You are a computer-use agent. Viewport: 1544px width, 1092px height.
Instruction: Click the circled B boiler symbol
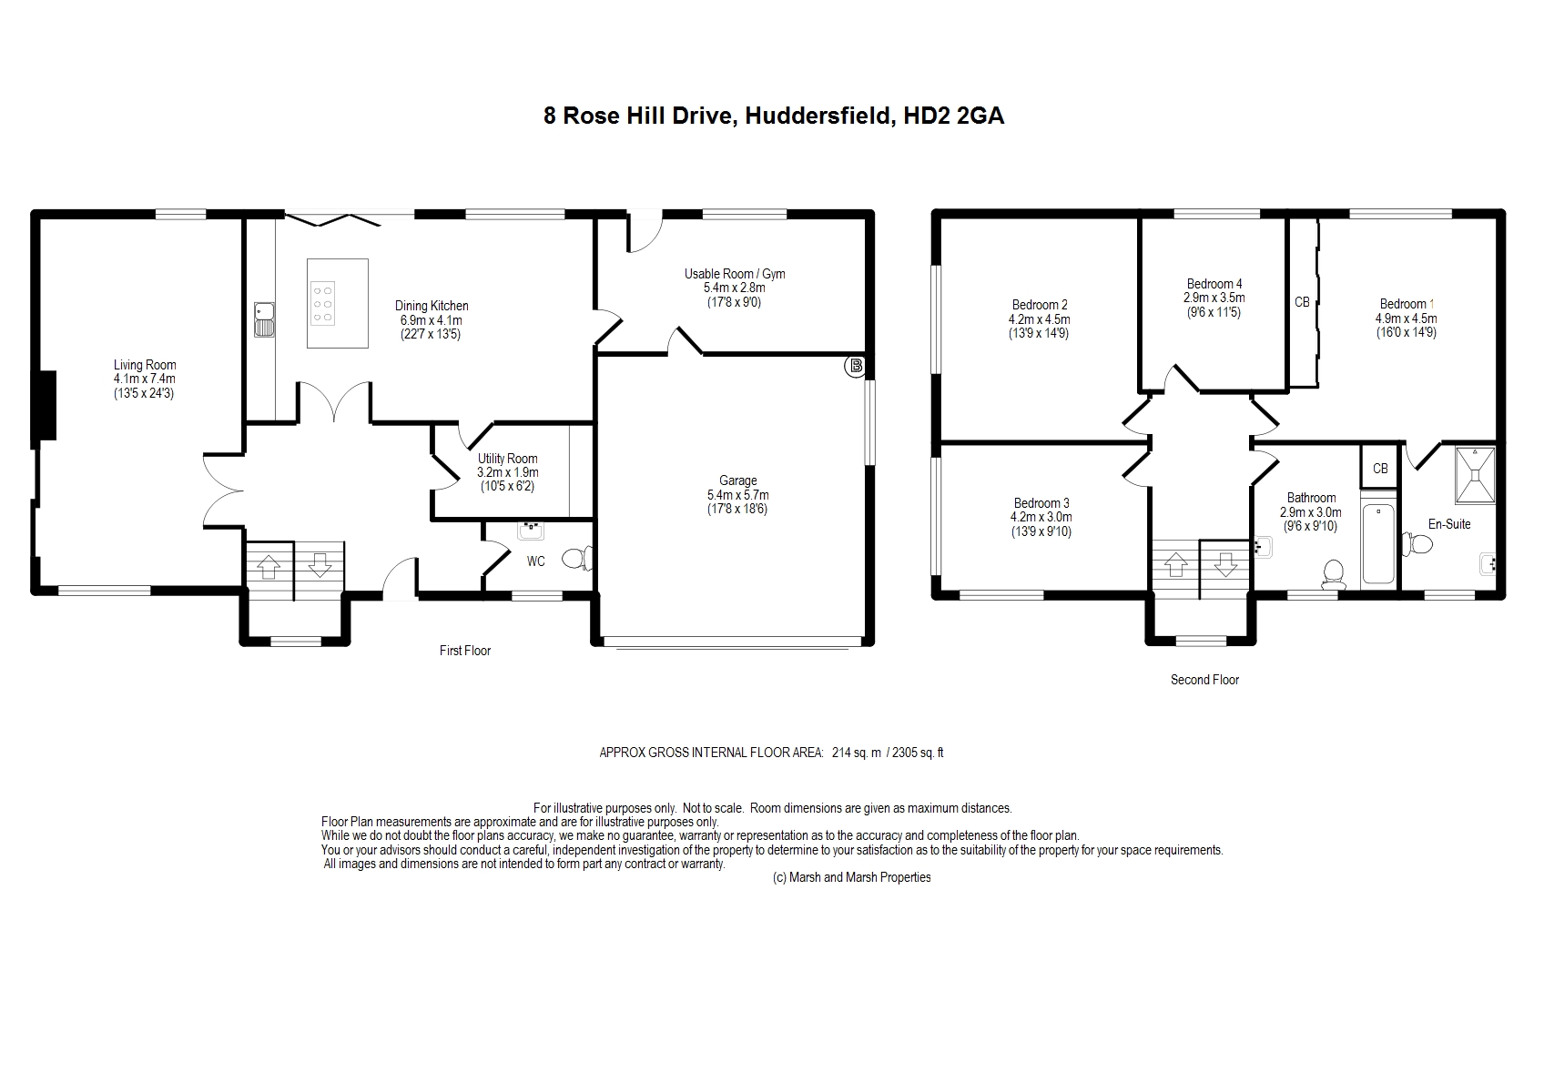pyautogui.click(x=856, y=365)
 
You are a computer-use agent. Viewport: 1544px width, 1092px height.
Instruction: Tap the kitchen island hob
pyautogui.click(x=322, y=302)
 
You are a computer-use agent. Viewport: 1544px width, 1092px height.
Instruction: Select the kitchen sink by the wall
pyautogui.click(x=264, y=319)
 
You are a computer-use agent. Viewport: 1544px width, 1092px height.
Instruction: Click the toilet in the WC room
pyautogui.click(x=577, y=558)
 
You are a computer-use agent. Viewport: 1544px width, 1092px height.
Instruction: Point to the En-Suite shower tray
pyautogui.click(x=1475, y=475)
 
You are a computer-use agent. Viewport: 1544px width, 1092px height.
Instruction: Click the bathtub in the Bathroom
pyautogui.click(x=1378, y=544)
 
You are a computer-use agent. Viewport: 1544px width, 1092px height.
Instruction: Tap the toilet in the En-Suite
pyautogui.click(x=1417, y=543)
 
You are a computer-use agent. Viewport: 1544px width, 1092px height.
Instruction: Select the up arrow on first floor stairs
pyautogui.click(x=269, y=566)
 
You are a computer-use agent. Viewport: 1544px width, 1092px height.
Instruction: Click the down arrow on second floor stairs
pyautogui.click(x=1224, y=565)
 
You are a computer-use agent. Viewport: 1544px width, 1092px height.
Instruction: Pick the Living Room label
pyautogui.click(x=145, y=365)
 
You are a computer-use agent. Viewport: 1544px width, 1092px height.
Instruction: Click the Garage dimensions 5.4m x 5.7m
pyautogui.click(x=737, y=495)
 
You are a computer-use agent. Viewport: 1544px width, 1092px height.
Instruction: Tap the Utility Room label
pyautogui.click(x=507, y=458)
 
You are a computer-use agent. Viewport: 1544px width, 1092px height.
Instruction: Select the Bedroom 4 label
pyautogui.click(x=1214, y=284)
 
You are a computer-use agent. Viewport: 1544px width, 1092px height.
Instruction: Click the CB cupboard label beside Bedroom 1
pyautogui.click(x=1301, y=302)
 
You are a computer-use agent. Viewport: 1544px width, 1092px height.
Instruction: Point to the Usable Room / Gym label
pyautogui.click(x=734, y=274)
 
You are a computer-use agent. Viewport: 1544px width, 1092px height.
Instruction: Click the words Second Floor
pyautogui.click(x=1204, y=679)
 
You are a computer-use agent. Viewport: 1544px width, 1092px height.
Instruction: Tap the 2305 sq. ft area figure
pyautogui.click(x=918, y=753)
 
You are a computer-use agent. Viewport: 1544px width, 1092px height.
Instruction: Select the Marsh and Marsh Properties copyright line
pyautogui.click(x=851, y=877)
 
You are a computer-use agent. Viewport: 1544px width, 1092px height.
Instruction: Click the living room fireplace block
pyautogui.click(x=46, y=405)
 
